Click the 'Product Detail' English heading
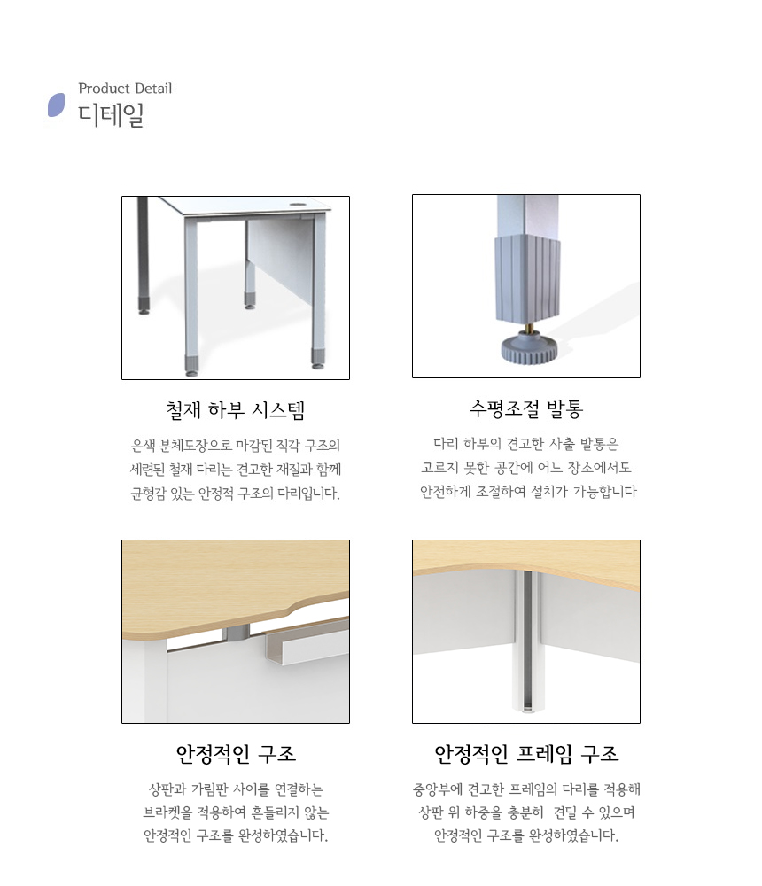coord(125,88)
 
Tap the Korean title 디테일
coord(111,114)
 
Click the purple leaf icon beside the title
coord(56,105)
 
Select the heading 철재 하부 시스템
coord(236,409)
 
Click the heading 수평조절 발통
coord(526,408)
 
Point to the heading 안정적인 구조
coord(236,754)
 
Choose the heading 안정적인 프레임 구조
coord(526,754)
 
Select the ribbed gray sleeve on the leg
coord(528,278)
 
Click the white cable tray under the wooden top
coord(306,641)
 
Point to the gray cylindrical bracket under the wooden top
coord(236,633)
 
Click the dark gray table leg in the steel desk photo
coord(143,254)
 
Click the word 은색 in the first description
coord(144,446)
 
